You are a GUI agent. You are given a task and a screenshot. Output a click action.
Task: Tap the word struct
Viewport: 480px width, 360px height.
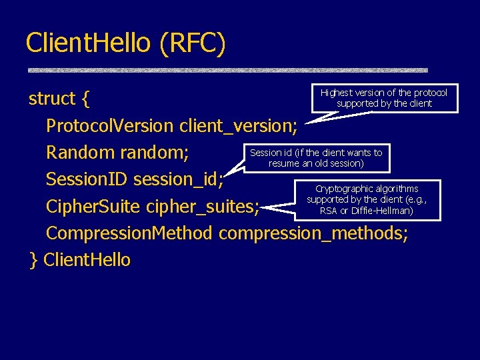[x=52, y=99]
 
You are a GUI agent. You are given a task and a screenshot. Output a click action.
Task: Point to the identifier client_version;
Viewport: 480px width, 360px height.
[x=239, y=126]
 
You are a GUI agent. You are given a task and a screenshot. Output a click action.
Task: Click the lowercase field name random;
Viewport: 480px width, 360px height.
[x=154, y=153]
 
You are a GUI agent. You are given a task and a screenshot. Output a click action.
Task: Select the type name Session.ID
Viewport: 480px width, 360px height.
[x=87, y=179]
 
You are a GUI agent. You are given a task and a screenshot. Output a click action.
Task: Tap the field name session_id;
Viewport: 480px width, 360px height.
[x=179, y=180]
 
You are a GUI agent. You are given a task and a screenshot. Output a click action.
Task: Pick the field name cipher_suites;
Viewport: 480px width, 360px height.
[x=203, y=207]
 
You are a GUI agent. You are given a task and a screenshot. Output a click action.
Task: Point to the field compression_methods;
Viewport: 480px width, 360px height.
[x=313, y=234]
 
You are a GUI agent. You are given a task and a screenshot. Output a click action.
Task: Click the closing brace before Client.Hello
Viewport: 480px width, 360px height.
[x=33, y=260]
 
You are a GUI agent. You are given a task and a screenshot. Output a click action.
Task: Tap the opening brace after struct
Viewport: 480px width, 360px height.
[x=85, y=100]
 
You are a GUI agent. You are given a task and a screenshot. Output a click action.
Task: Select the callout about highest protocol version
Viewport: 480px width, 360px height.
[x=383, y=98]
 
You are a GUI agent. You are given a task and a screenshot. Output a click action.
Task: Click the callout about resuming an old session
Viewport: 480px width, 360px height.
[x=316, y=158]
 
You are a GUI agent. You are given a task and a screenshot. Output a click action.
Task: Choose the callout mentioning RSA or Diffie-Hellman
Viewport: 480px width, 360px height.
[x=366, y=199]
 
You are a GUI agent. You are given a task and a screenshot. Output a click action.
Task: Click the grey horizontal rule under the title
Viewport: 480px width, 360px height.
[x=227, y=70]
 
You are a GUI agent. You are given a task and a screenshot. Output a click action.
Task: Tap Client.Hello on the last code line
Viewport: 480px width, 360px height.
[x=87, y=260]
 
